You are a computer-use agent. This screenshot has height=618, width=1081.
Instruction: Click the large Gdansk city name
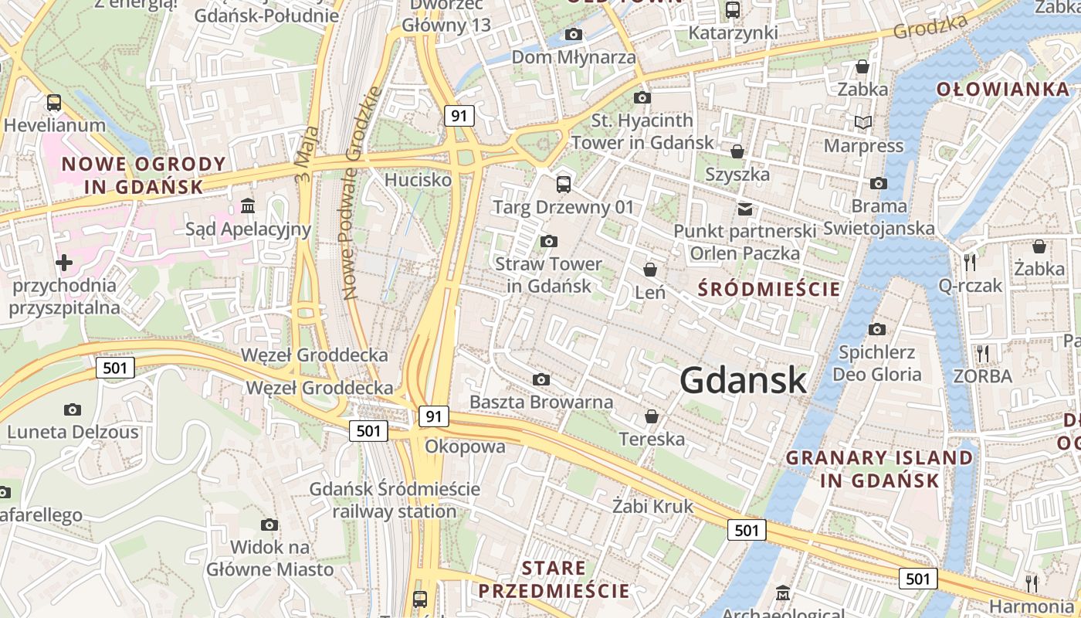point(744,380)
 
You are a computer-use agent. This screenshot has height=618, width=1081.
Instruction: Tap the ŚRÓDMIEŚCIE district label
point(769,289)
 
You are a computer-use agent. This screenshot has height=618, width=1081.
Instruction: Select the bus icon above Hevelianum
point(54,103)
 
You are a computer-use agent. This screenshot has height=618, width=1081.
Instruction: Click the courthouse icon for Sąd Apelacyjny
point(249,206)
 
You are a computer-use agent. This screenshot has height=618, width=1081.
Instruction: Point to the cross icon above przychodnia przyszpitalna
point(64,263)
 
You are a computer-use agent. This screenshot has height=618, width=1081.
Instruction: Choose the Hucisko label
point(418,180)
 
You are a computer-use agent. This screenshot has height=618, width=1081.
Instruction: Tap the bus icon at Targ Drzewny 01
point(564,185)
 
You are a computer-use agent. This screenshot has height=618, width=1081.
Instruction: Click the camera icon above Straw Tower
point(549,242)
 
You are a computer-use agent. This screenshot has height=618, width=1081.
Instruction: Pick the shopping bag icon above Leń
point(650,270)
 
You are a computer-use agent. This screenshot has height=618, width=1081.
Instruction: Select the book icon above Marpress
point(863,123)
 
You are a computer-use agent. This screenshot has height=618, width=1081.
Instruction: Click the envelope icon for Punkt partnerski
point(745,209)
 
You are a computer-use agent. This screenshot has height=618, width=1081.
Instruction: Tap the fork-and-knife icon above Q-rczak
point(971,262)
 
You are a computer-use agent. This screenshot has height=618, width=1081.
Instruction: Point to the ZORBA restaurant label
point(982,376)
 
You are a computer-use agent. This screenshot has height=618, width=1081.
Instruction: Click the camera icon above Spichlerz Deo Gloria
point(877,330)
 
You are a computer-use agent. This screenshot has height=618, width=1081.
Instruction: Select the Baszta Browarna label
point(541,402)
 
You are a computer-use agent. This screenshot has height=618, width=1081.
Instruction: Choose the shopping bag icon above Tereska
point(652,416)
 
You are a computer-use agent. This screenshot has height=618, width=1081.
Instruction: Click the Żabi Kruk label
point(652,507)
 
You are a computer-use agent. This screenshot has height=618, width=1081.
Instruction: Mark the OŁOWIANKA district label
point(1002,89)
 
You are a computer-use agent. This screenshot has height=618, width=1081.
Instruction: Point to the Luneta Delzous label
point(73,432)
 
